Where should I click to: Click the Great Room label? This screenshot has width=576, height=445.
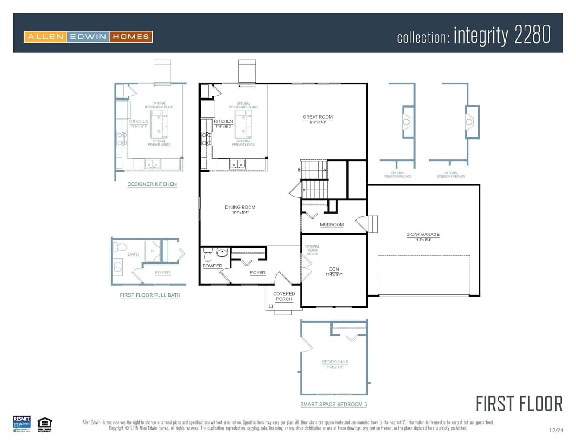pyautogui.click(x=318, y=117)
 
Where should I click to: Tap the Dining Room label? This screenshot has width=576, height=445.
pyautogui.click(x=240, y=208)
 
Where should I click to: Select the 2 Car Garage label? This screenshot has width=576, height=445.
pyautogui.click(x=423, y=235)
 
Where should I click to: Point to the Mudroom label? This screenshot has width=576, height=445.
pyautogui.click(x=332, y=225)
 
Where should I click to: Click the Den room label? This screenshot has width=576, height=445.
pyautogui.click(x=334, y=269)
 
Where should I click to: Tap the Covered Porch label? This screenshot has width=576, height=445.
pyautogui.click(x=284, y=296)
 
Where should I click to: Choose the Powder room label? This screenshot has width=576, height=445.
pyautogui.click(x=212, y=266)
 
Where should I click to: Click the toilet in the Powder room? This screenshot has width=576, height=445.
pyautogui.click(x=208, y=254)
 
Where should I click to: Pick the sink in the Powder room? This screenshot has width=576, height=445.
pyautogui.click(x=223, y=253)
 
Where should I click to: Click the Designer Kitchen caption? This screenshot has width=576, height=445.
pyautogui.click(x=152, y=184)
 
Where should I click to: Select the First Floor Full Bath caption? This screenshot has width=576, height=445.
pyautogui.click(x=150, y=295)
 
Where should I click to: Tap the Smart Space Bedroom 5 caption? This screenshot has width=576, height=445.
pyautogui.click(x=333, y=404)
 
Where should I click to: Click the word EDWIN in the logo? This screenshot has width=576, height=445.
pyautogui.click(x=88, y=37)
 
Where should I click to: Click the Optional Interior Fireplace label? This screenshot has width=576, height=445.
pyautogui.click(x=397, y=175)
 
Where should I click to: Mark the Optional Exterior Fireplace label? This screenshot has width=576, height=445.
pyautogui.click(x=451, y=175)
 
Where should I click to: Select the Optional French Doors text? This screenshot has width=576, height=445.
pyautogui.click(x=312, y=250)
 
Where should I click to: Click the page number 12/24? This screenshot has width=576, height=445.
pyautogui.click(x=556, y=431)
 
